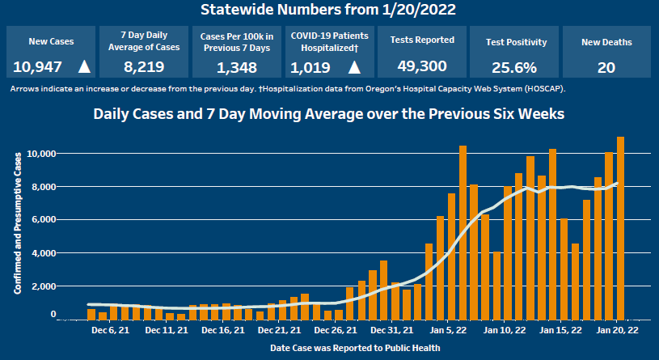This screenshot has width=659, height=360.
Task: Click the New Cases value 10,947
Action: coord(37,66)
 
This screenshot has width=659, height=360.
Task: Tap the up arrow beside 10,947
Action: coord(84,66)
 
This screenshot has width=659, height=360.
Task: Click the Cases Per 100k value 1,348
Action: coord(237,66)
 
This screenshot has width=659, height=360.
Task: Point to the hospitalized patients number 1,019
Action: coord(307,66)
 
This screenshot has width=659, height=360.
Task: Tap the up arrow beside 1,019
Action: coord(354,66)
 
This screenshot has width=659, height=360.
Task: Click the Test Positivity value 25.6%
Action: coord(516,66)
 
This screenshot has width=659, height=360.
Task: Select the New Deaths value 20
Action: coord(606,66)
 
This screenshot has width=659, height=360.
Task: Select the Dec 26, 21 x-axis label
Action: coord(336,331)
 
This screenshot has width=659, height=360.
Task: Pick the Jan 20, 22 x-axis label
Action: coord(616,331)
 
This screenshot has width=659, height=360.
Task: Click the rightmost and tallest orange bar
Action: coord(620,227)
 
